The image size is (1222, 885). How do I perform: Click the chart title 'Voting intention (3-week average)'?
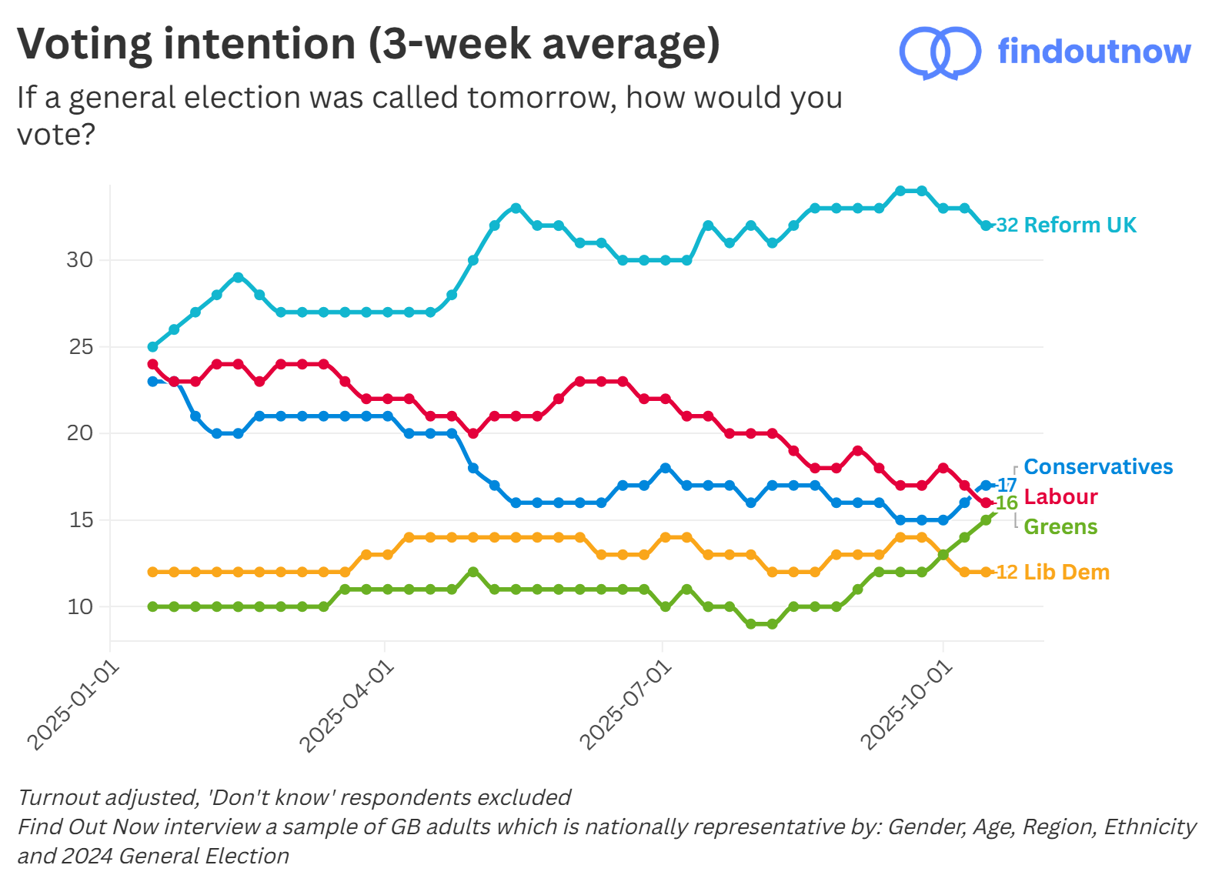368,45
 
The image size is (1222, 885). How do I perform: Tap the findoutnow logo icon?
940,52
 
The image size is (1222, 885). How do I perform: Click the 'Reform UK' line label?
1080,225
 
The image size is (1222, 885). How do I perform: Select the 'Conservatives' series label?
1098,466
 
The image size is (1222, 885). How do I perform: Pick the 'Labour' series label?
1060,496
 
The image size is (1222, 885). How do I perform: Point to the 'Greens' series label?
1060,526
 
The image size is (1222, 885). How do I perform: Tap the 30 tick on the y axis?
80,260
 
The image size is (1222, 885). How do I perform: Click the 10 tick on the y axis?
80,606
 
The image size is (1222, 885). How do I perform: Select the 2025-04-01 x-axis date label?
347,706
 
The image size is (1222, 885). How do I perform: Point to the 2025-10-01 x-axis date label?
906,706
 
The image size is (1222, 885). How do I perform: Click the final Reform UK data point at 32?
986,225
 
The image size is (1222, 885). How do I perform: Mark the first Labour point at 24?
152,364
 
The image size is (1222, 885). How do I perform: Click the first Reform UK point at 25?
152,347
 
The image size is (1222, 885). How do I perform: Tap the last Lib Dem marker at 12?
986,572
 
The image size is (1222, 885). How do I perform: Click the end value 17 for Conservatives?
1007,485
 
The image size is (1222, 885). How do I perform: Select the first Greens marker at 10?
152,606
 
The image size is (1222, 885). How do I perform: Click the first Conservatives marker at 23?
152,381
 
